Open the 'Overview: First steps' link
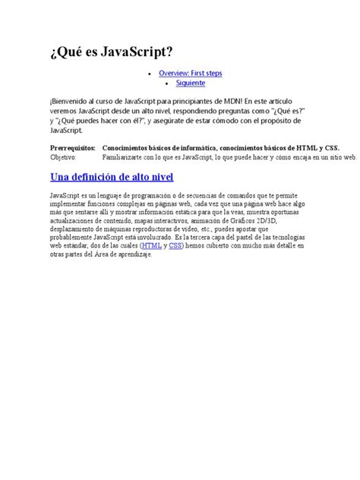(190, 73)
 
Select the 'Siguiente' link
(190, 83)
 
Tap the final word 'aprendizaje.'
(133, 254)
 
